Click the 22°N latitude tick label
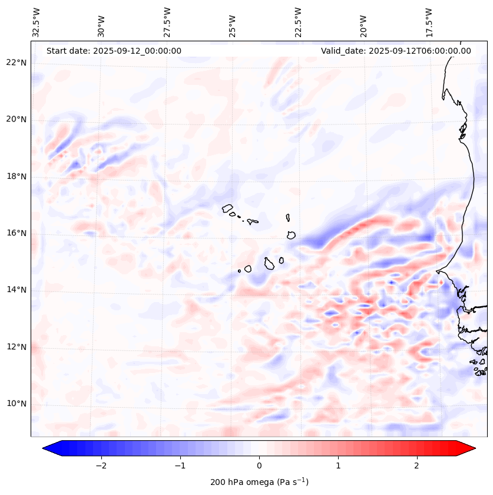pyautogui.click(x=16, y=63)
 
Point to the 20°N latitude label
pyautogui.click(x=16, y=119)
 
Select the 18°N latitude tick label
pyautogui.click(x=16, y=176)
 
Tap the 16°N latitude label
pyautogui.click(x=16, y=233)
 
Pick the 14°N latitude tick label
pyautogui.click(x=16, y=290)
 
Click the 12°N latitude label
pyautogui.click(x=16, y=347)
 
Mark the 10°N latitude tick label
pyautogui.click(x=16, y=404)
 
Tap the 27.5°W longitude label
pyautogui.click(x=167, y=21)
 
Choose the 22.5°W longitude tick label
pyautogui.click(x=298, y=21)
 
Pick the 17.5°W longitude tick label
pyautogui.click(x=429, y=21)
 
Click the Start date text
pyautogui.click(x=114, y=51)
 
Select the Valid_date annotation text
pyautogui.click(x=396, y=51)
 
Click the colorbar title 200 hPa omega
pyautogui.click(x=259, y=482)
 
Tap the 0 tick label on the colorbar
pyautogui.click(x=259, y=465)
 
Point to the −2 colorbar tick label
pyautogui.click(x=101, y=465)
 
